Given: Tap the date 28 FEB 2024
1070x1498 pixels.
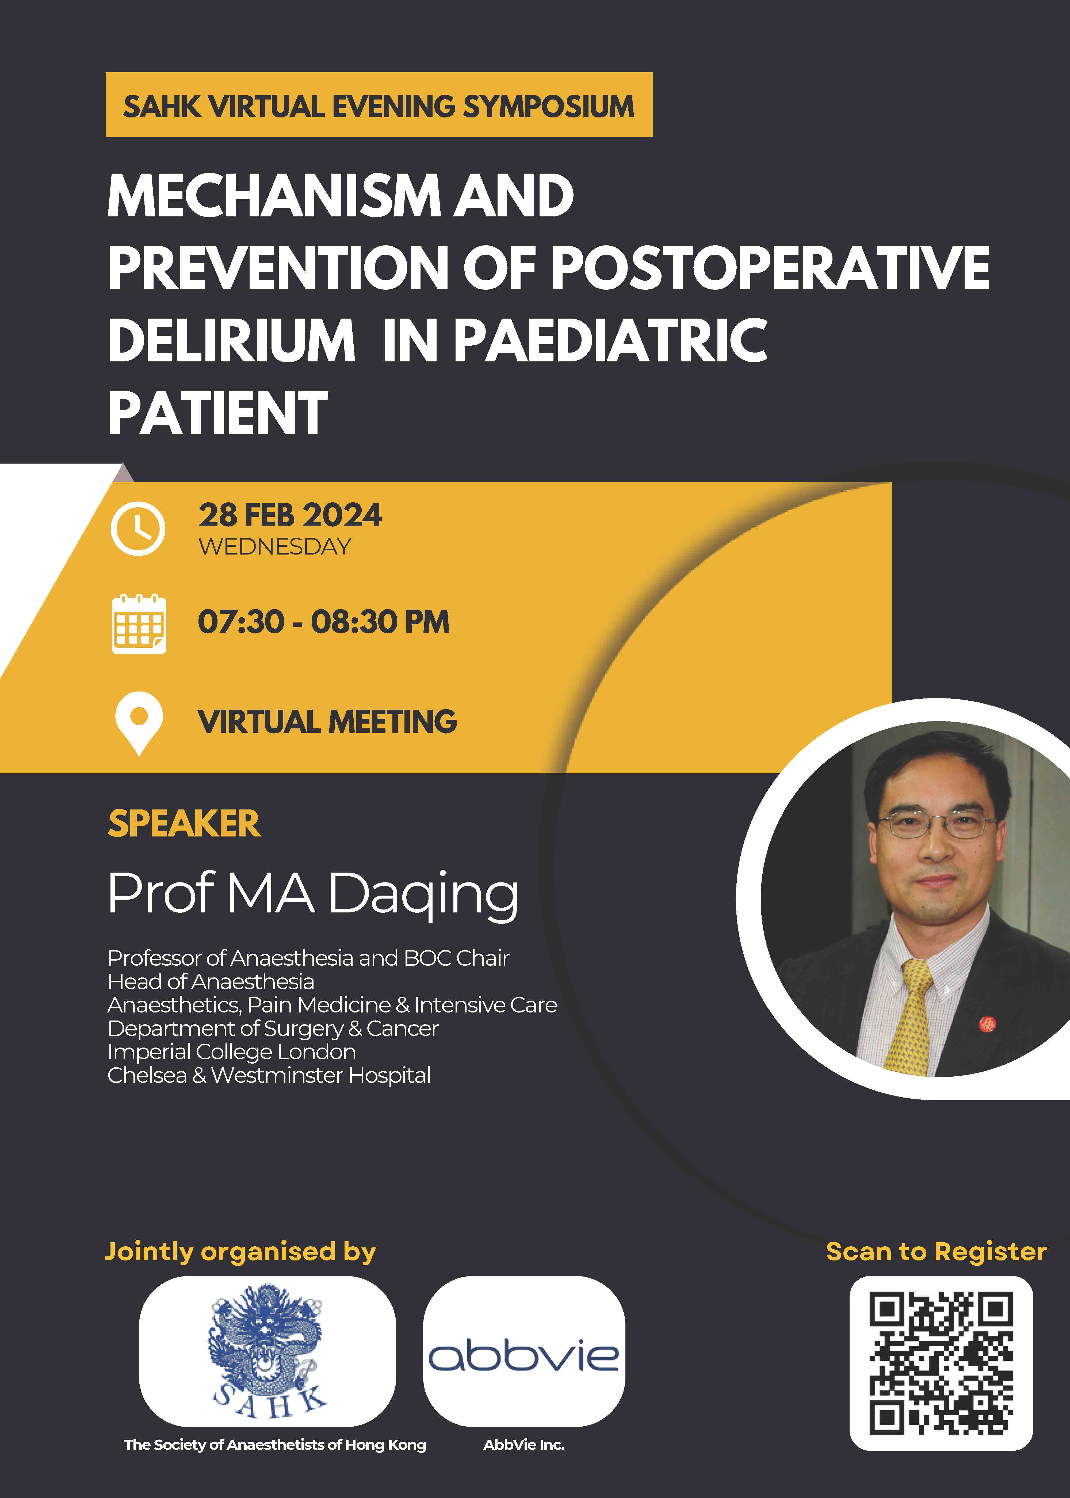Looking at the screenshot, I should tap(290, 515).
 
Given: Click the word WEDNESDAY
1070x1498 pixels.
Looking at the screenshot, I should tap(275, 547).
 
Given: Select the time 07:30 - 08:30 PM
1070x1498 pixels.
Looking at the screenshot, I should tap(323, 622).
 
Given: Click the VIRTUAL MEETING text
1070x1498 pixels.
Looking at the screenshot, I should tap(327, 722).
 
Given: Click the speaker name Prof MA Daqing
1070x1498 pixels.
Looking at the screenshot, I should tap(313, 894).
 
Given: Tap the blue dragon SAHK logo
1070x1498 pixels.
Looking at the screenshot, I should tap(267, 1350).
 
